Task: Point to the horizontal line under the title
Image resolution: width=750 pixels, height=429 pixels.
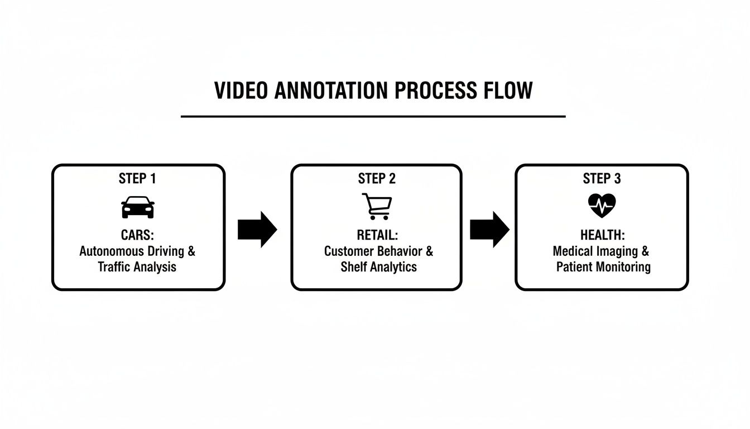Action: point(373,117)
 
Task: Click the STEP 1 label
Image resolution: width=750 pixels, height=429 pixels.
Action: point(137,179)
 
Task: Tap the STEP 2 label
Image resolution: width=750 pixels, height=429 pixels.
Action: point(377,179)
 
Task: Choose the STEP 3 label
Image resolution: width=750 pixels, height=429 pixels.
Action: point(602,179)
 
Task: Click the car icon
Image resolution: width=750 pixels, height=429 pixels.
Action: point(138,207)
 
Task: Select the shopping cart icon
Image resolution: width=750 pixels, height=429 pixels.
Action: point(377,207)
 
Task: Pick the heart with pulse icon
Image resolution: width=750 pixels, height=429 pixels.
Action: point(602,206)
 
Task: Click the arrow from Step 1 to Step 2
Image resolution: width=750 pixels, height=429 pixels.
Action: point(257,229)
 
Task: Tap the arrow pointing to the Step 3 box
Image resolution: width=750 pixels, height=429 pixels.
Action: point(489,229)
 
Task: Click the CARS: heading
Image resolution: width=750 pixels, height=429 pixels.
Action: point(137,235)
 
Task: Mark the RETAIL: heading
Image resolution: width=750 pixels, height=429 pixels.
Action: point(378,235)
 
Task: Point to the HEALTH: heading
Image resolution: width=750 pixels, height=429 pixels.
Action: point(602,235)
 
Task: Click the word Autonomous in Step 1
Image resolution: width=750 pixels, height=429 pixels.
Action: point(112,251)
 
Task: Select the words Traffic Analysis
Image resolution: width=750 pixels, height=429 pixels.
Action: point(137,267)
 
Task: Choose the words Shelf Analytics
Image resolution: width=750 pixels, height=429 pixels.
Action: point(378,267)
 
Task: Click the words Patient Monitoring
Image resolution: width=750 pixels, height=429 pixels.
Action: point(603,267)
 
